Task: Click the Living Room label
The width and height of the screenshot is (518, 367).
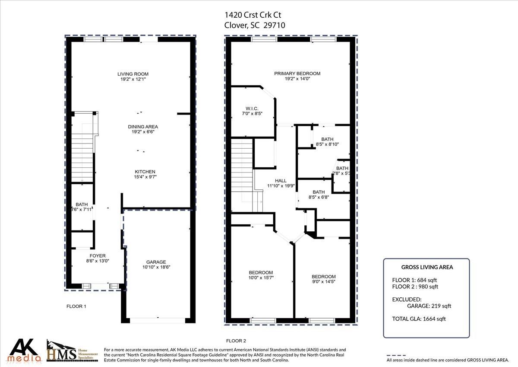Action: point(133,74)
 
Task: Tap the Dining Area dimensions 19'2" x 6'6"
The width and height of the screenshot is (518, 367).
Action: point(143,132)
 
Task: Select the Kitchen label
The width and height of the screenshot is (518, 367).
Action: point(145,172)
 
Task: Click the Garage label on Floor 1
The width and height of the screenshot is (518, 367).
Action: point(156,262)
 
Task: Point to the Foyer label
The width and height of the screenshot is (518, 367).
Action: point(98,255)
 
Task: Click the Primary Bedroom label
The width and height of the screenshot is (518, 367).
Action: point(297,73)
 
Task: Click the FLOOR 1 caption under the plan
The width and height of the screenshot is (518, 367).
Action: point(76,306)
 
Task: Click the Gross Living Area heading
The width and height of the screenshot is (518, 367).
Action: point(427,267)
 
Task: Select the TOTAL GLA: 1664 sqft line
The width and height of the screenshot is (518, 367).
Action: point(419,319)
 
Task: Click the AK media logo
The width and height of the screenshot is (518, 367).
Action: point(25,350)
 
